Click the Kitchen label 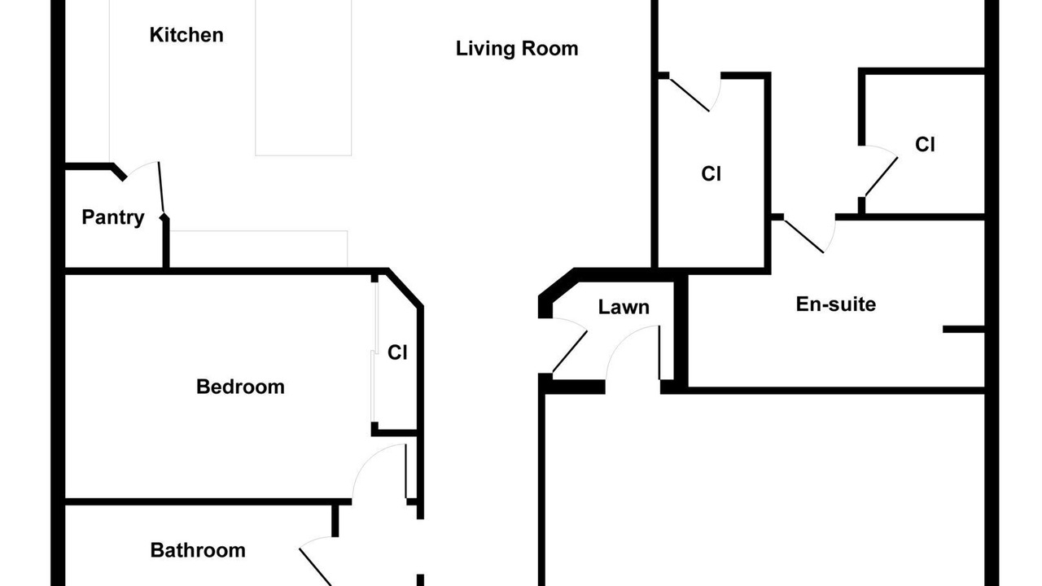(x=186, y=35)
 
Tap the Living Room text (x=517, y=49)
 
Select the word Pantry (x=113, y=217)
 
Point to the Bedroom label (x=240, y=387)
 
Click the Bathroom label (x=198, y=551)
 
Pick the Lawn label (x=624, y=308)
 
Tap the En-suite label (x=835, y=304)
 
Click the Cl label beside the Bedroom (x=397, y=353)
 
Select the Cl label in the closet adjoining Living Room (x=711, y=174)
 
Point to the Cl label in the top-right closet (x=925, y=145)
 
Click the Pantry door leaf (x=161, y=190)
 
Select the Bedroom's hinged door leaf (x=406, y=471)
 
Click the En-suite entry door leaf (x=803, y=236)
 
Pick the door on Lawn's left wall (x=570, y=352)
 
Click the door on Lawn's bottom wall (x=659, y=353)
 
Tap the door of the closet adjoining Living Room (x=690, y=95)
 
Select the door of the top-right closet (x=882, y=177)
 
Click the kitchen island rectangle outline (x=304, y=77)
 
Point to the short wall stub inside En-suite (x=964, y=330)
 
